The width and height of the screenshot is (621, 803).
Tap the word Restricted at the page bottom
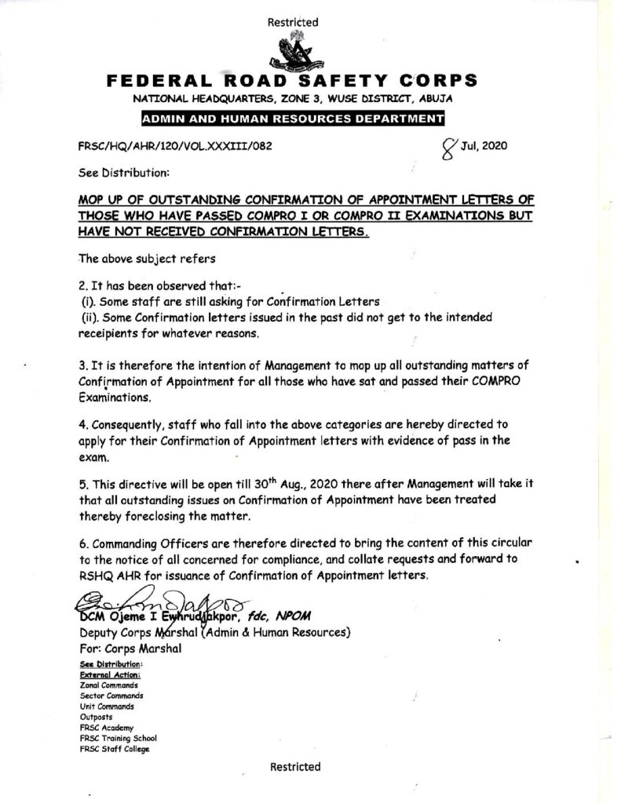tap(295, 766)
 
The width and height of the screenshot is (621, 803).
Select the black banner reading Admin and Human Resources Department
tap(292, 119)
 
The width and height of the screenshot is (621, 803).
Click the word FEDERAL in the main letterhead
tap(153, 81)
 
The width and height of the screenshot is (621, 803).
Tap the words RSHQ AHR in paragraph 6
tap(104, 576)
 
